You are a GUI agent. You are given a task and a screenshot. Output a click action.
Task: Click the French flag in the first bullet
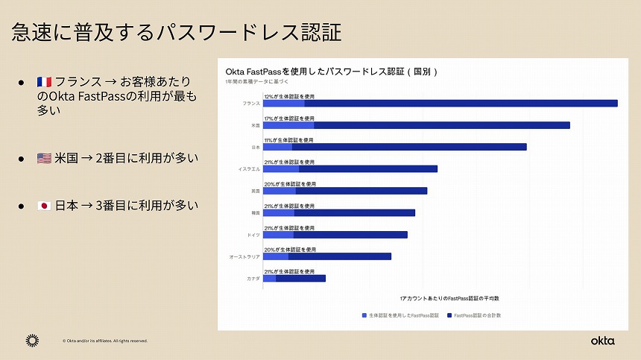pos(44,81)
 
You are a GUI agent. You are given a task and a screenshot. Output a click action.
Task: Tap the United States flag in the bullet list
pos(44,158)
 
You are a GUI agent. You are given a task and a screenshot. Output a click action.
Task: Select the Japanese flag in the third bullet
pos(44,206)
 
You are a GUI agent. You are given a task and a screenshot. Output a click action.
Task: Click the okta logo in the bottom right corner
pos(602,341)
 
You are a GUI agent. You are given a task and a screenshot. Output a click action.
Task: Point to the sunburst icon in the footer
pos(32,341)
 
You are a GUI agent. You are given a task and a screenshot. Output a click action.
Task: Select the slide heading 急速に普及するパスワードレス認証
pos(177,32)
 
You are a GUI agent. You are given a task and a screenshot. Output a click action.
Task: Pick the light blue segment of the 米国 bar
pos(288,125)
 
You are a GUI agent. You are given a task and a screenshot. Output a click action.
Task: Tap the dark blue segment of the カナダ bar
pos(300,278)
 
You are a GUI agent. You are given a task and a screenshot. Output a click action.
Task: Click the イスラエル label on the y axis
pos(249,169)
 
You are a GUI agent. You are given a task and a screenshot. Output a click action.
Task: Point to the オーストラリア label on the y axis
pos(244,256)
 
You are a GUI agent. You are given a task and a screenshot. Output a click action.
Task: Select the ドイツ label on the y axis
pos(253,235)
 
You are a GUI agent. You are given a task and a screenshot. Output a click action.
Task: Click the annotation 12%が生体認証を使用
pos(289,96)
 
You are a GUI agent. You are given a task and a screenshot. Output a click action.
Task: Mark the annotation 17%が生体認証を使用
pos(289,118)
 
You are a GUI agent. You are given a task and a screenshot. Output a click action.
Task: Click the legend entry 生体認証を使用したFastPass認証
pos(401,315)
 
